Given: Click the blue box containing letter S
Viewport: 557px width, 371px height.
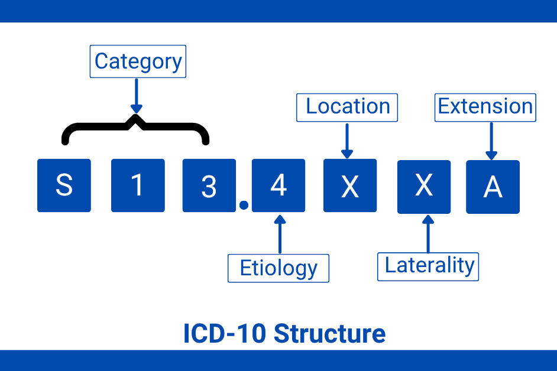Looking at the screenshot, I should click(x=64, y=185).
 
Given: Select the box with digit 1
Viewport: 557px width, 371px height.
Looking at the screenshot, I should click(x=138, y=185).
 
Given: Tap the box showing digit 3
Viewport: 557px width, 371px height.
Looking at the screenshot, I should click(x=209, y=185).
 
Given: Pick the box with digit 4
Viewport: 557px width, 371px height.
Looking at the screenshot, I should click(x=278, y=185).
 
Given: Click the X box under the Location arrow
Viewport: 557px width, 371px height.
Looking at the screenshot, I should click(x=350, y=185).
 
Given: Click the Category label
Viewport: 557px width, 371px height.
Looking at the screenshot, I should click(x=138, y=61).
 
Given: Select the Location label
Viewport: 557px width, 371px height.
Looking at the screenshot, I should click(x=347, y=107).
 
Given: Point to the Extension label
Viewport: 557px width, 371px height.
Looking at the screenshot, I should click(x=485, y=107).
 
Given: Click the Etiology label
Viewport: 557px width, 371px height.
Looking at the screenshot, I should click(x=278, y=268).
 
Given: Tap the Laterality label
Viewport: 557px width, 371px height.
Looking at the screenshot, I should click(x=428, y=266).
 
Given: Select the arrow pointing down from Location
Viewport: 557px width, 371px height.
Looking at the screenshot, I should click(x=347, y=141).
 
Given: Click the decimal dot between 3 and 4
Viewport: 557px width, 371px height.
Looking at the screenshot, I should click(x=243, y=206).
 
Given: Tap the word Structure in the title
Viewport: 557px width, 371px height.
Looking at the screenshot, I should click(x=330, y=334).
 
